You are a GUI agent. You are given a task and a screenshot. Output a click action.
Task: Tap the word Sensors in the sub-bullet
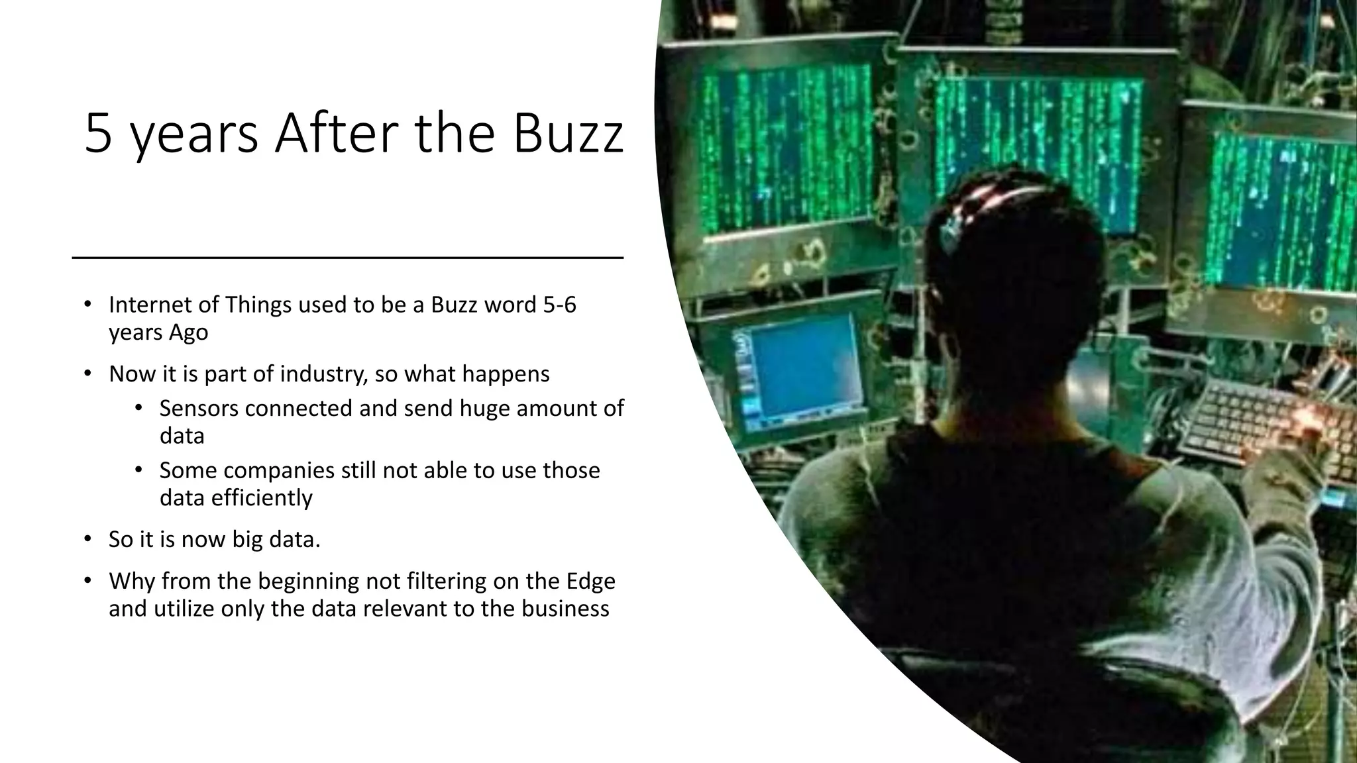pos(199,409)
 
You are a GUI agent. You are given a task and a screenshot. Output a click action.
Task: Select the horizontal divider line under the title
pos(348,257)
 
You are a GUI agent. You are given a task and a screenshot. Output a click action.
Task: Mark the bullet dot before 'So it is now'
pos(87,539)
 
